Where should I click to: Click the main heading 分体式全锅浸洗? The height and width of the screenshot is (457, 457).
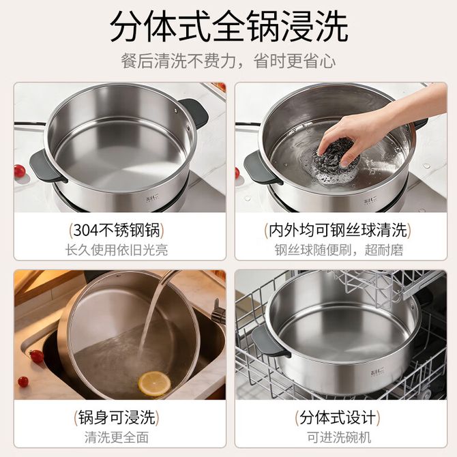[x=229, y=27]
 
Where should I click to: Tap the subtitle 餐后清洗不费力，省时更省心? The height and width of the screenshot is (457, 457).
[x=228, y=61]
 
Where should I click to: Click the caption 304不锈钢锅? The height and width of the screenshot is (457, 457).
[x=117, y=231]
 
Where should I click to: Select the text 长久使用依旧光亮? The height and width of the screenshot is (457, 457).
[x=117, y=250]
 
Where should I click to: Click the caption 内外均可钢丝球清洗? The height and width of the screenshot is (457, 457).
[x=338, y=231]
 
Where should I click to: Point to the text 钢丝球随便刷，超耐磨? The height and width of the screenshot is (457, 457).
[x=339, y=250]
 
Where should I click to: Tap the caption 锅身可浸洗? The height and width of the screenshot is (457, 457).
[x=117, y=417]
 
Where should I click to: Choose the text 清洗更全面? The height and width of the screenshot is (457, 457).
[x=117, y=437]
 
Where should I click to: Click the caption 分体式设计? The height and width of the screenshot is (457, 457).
[x=338, y=417]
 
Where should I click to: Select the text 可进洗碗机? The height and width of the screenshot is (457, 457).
[x=339, y=437]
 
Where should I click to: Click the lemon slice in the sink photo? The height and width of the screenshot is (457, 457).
[x=154, y=383]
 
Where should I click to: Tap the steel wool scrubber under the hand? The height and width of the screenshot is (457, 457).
[x=335, y=162]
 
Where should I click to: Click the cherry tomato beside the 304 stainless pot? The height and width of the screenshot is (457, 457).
[x=19, y=171]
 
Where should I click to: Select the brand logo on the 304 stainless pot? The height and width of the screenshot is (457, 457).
[x=152, y=199]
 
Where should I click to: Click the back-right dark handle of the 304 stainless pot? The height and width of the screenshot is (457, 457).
[x=194, y=113]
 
